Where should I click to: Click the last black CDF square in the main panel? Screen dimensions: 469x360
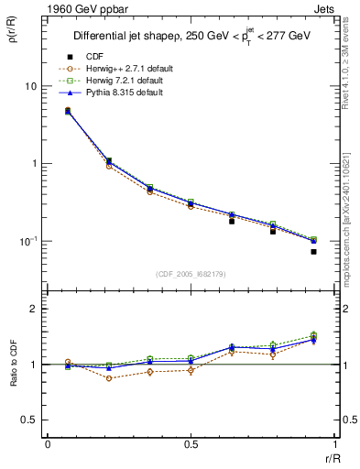[313, 252]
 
